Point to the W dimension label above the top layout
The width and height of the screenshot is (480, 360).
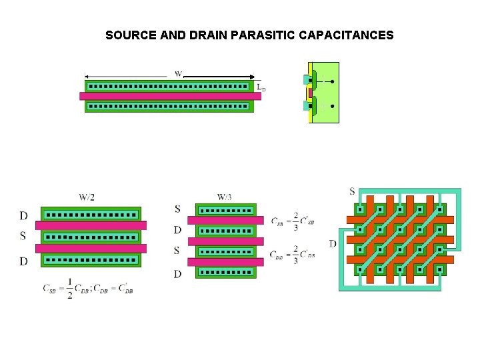(x=179, y=73)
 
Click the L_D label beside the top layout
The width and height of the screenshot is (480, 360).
(x=261, y=87)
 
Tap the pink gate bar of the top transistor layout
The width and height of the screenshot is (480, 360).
(x=170, y=96)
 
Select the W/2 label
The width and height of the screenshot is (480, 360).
(x=87, y=197)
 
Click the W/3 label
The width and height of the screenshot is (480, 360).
(x=225, y=197)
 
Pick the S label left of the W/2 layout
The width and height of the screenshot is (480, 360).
(x=23, y=236)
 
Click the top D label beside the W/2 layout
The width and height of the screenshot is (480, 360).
(x=23, y=215)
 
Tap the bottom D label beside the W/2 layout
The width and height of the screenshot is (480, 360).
(x=23, y=261)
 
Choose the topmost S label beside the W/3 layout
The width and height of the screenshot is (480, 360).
(x=177, y=209)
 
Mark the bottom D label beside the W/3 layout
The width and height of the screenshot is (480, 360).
(x=177, y=274)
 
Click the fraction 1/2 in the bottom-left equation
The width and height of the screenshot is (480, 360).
(x=69, y=288)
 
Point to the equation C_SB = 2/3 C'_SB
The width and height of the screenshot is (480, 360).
(x=293, y=221)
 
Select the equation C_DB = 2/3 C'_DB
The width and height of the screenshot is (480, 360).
(x=293, y=255)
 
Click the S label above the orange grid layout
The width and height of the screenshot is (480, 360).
(x=352, y=192)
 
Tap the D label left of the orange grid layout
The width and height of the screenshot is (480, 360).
(x=332, y=243)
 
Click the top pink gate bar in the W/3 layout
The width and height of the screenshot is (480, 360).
(x=225, y=220)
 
